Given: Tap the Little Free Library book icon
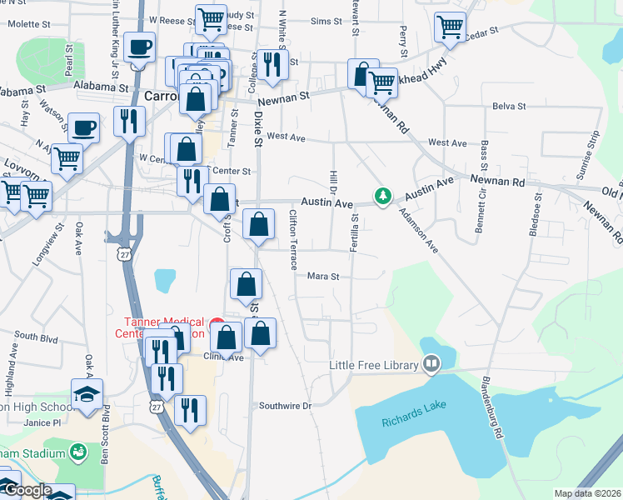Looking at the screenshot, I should (431, 363).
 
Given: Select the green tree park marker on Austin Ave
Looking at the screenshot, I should (382, 196).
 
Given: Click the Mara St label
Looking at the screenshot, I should (324, 276).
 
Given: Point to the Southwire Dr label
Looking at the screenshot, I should (284, 406).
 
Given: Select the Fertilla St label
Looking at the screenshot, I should (355, 232).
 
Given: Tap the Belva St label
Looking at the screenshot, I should (509, 107).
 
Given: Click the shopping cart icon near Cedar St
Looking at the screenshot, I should (450, 26).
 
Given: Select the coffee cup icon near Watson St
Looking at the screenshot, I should (82, 128).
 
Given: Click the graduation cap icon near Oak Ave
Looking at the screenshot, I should (87, 394).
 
